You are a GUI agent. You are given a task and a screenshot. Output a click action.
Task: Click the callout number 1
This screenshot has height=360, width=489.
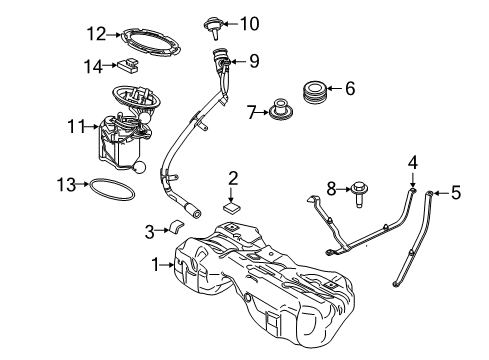155,265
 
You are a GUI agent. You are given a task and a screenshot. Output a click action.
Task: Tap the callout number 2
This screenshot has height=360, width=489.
233,178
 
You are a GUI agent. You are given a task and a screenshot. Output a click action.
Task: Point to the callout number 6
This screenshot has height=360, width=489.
349,88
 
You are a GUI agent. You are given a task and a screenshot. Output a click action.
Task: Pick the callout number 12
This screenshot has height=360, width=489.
95,33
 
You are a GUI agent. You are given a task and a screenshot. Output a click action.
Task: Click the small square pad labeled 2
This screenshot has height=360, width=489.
231,208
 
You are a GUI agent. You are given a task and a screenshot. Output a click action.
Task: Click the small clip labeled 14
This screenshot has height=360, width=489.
128,69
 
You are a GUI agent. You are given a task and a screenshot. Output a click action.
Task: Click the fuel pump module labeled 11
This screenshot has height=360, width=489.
122,135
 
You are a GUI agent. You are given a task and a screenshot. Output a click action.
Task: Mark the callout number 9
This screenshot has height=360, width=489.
254,61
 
